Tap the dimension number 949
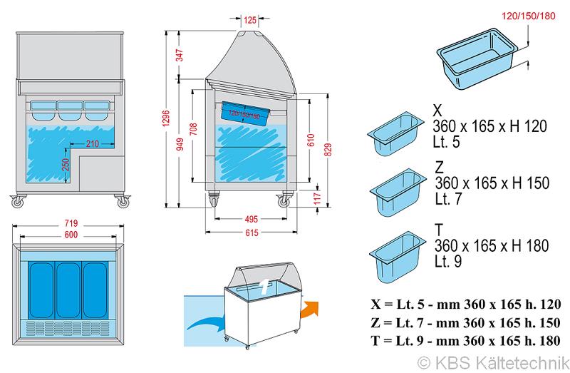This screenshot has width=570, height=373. pos(180,144)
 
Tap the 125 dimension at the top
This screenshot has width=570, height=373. pos(249,20)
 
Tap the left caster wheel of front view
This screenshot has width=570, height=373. pos(17,203)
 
